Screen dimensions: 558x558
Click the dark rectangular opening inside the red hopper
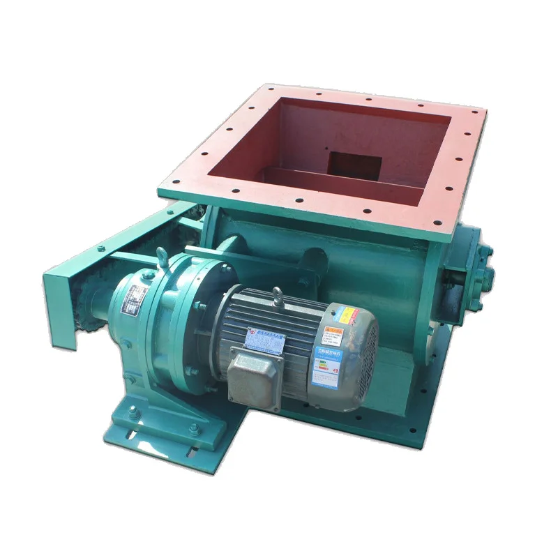click(x=355, y=166)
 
